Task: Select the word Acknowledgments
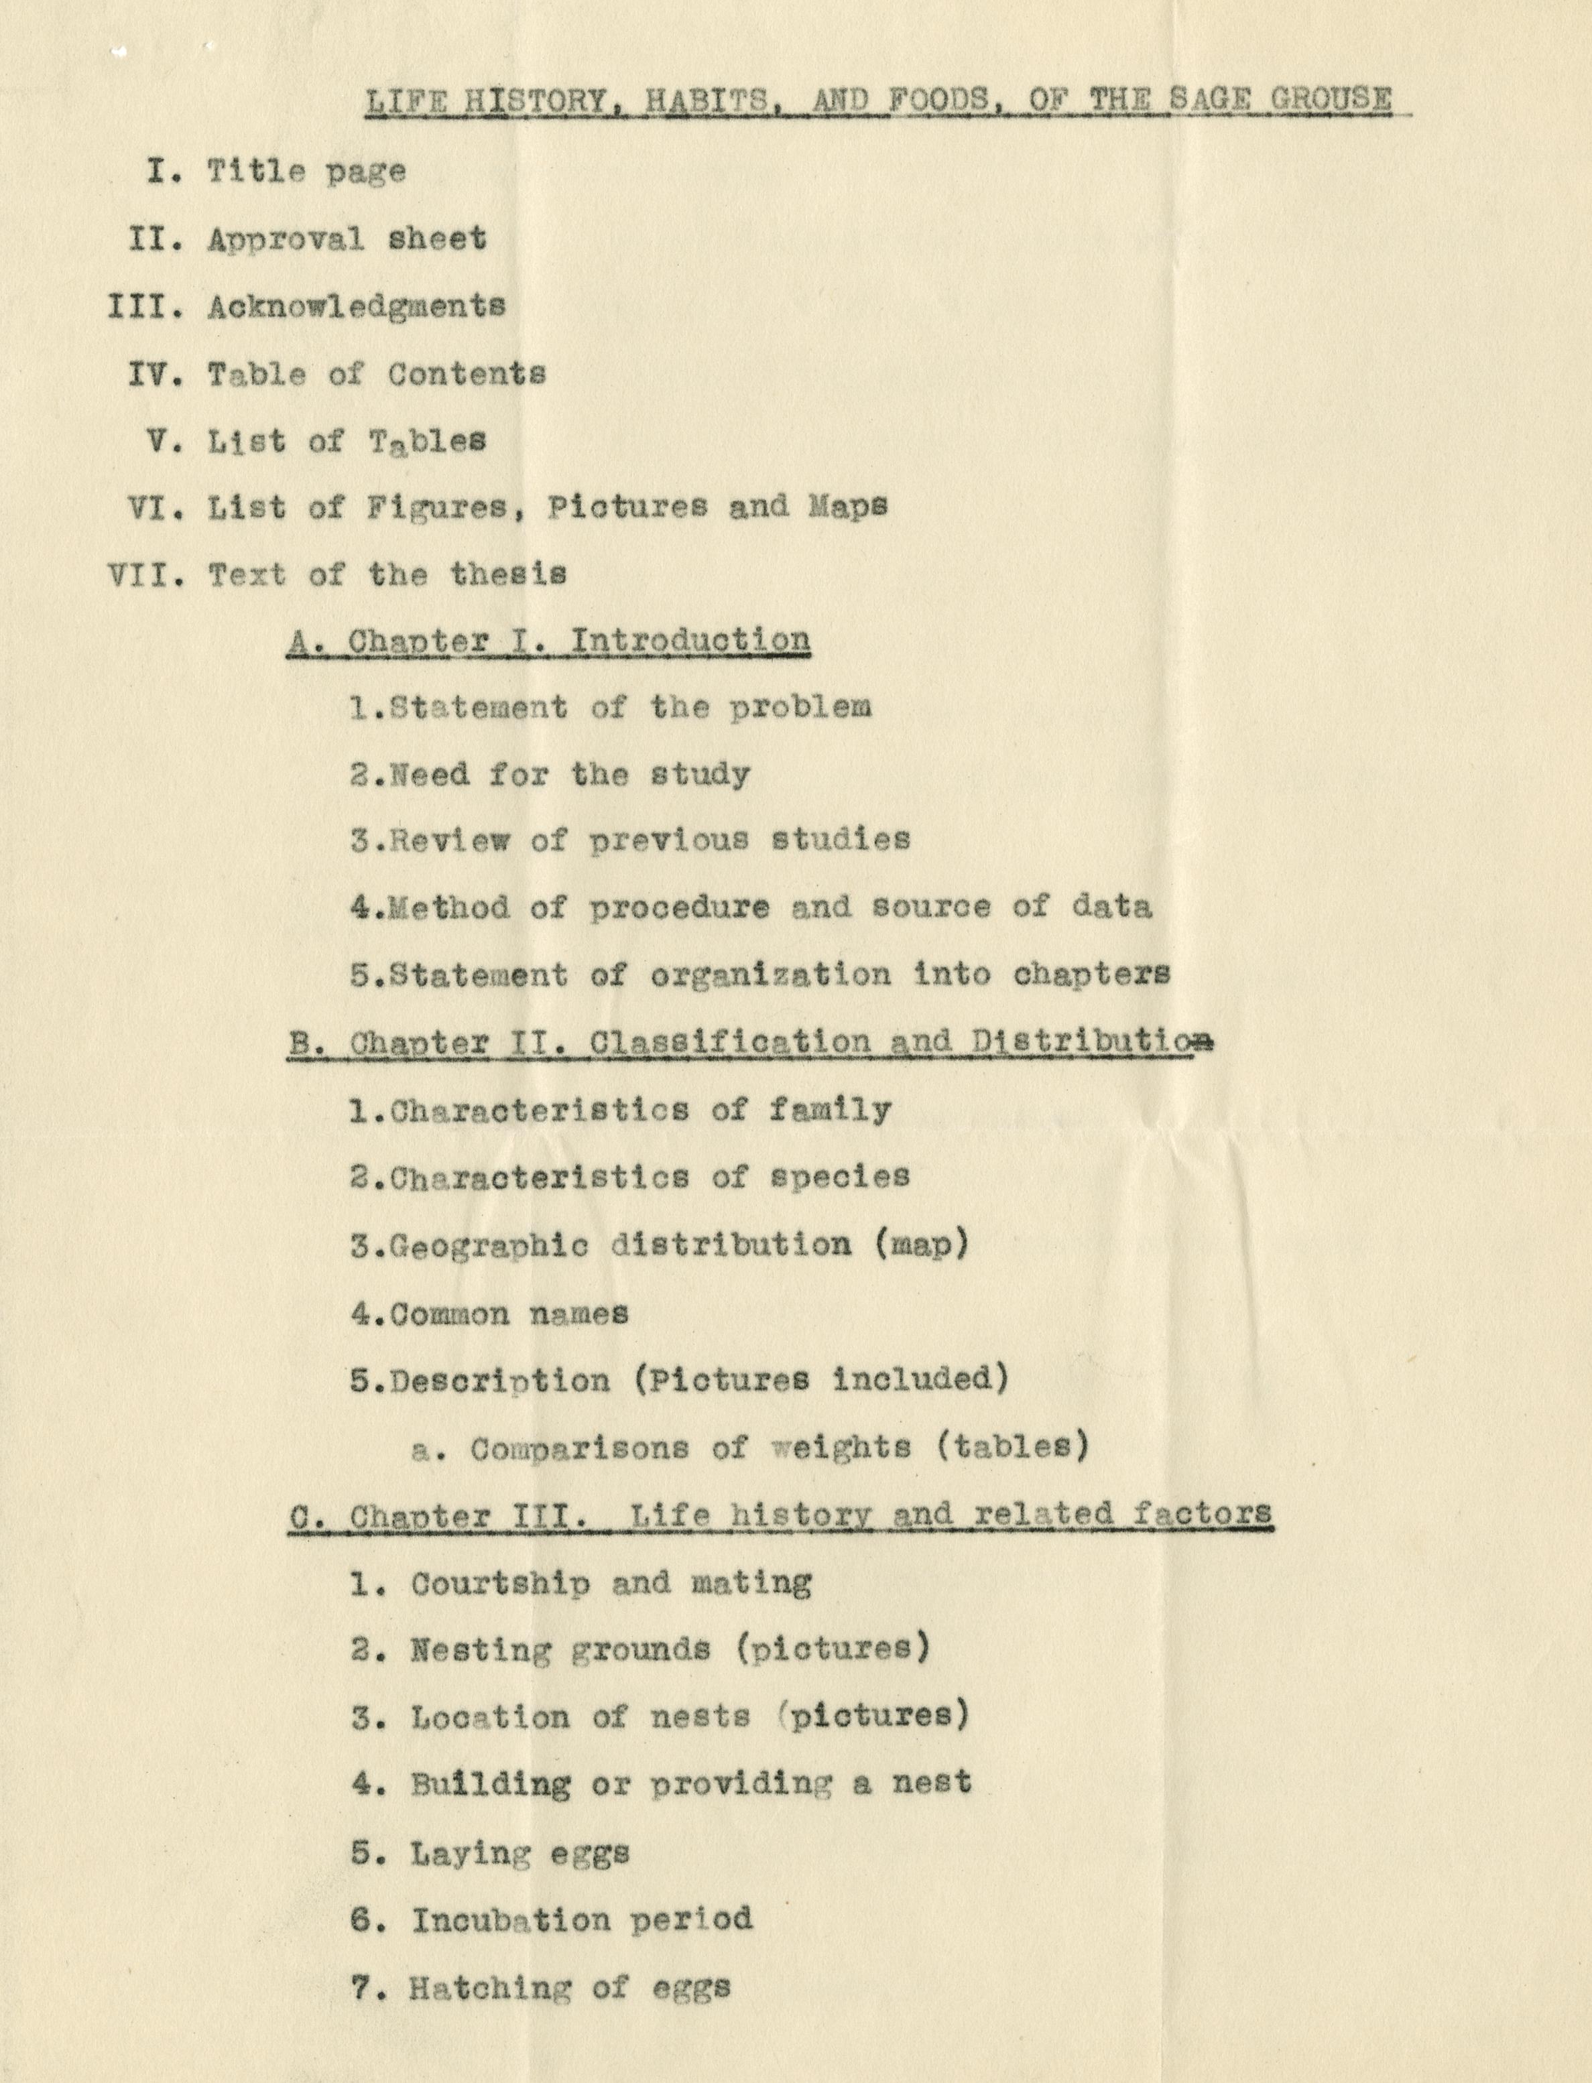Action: [x=357, y=306]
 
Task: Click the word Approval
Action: [x=286, y=239]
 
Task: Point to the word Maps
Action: [x=848, y=506]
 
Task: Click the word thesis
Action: [x=508, y=574]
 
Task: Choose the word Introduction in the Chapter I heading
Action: [x=690, y=640]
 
